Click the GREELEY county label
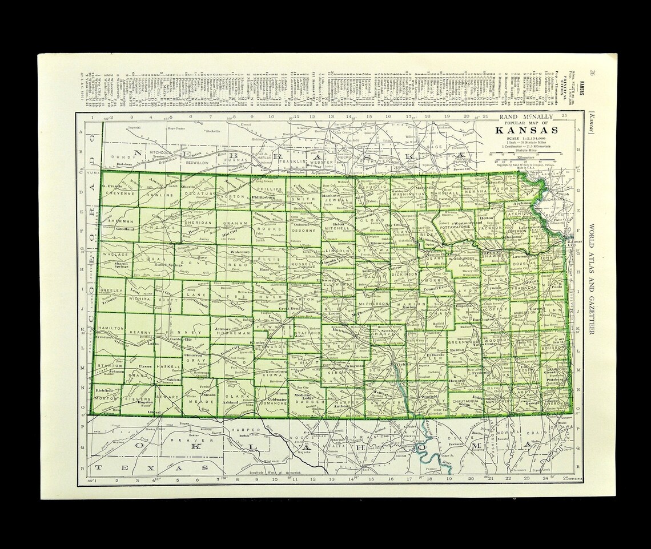pyautogui.click(x=111, y=290)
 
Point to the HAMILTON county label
pyautogui.click(x=111, y=328)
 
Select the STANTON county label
pyautogui.click(x=109, y=365)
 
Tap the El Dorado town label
pyautogui.click(x=436, y=356)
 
